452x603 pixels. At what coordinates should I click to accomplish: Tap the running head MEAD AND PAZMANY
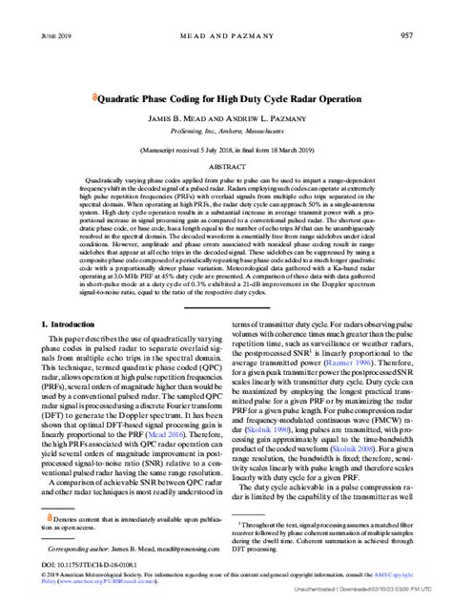click(226, 35)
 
